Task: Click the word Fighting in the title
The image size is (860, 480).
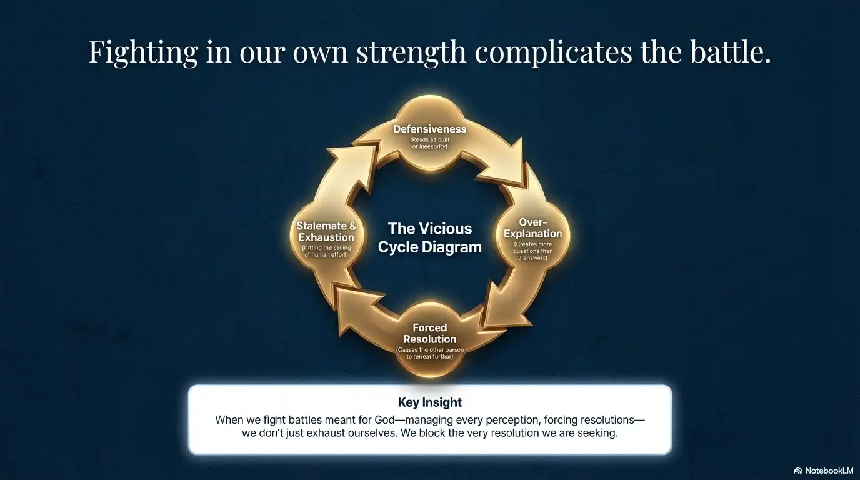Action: click(143, 52)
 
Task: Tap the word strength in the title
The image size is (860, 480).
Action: click(411, 52)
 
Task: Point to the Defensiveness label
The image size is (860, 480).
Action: click(429, 129)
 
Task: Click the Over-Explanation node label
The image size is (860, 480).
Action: click(532, 228)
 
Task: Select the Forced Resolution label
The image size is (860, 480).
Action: click(429, 333)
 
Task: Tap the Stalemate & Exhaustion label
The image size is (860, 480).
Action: click(326, 232)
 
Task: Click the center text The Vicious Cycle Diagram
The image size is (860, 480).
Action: click(429, 237)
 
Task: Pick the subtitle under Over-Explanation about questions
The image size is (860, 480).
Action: click(532, 251)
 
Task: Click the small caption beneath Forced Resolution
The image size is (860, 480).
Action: click(429, 353)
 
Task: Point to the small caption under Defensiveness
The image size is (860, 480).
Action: click(429, 143)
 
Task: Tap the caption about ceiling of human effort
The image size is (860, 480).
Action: click(326, 251)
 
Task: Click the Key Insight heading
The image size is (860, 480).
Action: click(429, 402)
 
